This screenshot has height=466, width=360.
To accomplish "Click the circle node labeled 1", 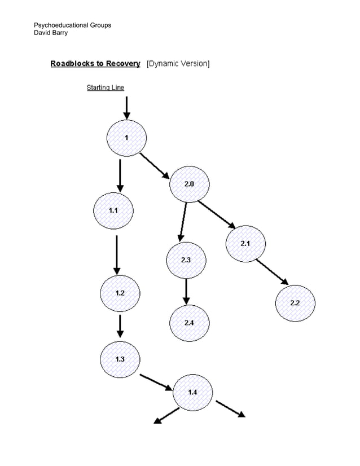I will point(127,138).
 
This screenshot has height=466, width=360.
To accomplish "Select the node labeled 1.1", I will point(113,210).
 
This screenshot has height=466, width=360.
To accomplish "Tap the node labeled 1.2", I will point(120,293).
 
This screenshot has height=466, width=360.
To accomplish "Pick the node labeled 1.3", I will point(120,359).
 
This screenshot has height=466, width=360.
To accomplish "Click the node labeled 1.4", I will point(192,392).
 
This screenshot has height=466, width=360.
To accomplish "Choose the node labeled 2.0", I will point(189,184).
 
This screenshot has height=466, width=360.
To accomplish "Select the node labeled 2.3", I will point(186,260).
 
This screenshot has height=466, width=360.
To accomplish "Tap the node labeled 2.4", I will point(189,323).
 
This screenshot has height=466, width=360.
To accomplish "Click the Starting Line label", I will point(105,87).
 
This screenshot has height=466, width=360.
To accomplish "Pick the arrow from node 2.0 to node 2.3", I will point(183,221).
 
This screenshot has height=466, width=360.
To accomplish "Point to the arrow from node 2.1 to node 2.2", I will point(272,272).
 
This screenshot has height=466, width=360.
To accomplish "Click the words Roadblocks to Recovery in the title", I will point(95,64).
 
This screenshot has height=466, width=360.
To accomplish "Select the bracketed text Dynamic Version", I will point(178,64).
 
